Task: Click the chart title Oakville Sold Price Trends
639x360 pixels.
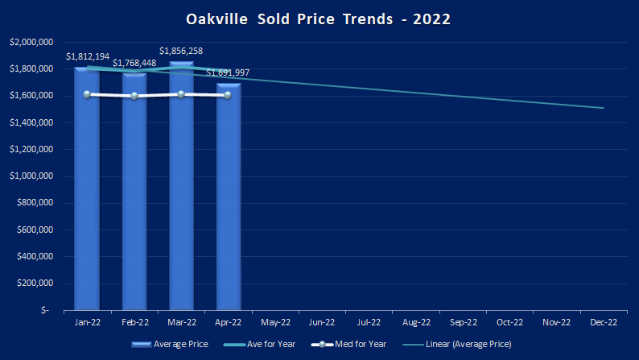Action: [x=319, y=18]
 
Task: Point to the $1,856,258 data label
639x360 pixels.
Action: [x=181, y=51]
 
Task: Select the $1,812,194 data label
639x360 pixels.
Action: [x=88, y=56]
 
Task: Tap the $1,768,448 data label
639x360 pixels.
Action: [x=134, y=63]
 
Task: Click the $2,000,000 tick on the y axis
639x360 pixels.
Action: [x=31, y=42]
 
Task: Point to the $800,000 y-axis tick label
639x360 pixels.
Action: [x=35, y=203]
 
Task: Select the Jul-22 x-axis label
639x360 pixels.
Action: [x=369, y=322]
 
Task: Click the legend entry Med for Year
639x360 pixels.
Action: [x=363, y=344]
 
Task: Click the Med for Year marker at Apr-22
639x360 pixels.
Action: [x=228, y=95]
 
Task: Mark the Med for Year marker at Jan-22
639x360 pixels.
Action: [x=87, y=94]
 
